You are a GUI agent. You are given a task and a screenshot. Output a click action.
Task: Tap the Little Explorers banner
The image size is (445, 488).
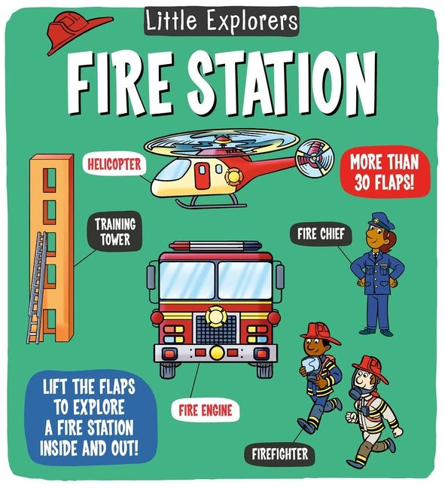[221, 20]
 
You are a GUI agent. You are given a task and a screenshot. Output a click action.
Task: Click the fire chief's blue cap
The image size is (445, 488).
[376, 219]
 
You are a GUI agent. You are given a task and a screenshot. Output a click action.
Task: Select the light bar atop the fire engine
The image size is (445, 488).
[216, 246]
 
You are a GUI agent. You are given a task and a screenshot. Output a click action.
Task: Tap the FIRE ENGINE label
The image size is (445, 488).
[205, 411]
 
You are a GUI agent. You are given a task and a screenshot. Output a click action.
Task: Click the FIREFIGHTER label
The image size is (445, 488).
[279, 454]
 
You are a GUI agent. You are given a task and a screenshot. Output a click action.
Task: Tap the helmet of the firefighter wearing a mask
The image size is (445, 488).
[368, 366]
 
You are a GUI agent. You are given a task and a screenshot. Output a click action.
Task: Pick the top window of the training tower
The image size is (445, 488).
[50, 175]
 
